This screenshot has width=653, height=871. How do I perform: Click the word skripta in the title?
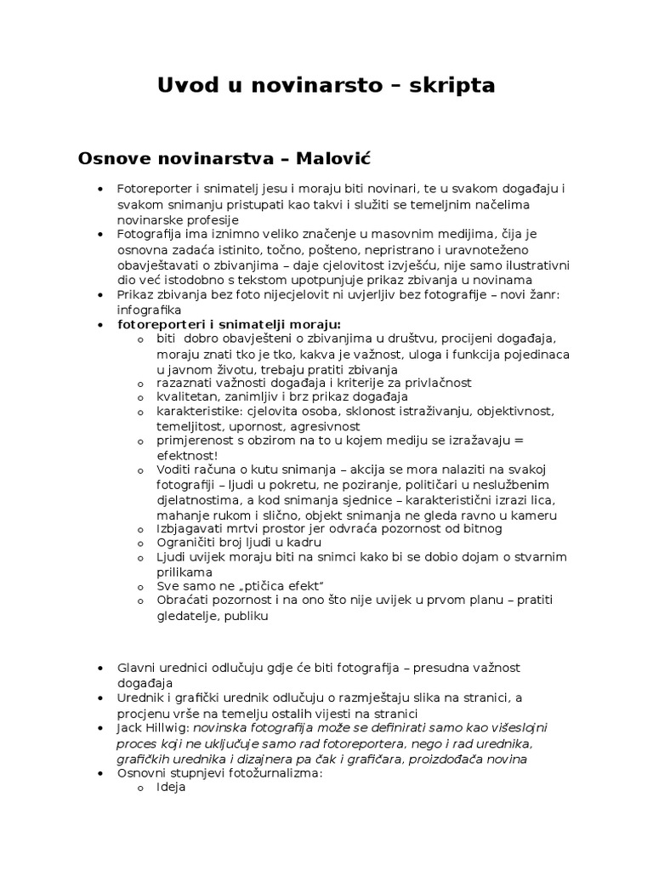(x=453, y=86)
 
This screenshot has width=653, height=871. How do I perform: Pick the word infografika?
(x=145, y=310)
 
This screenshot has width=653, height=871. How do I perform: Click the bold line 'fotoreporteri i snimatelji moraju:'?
(x=228, y=325)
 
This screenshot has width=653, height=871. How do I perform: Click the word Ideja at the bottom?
(x=171, y=788)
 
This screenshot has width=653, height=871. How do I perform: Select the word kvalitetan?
(x=186, y=396)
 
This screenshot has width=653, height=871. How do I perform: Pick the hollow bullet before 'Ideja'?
(x=140, y=788)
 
